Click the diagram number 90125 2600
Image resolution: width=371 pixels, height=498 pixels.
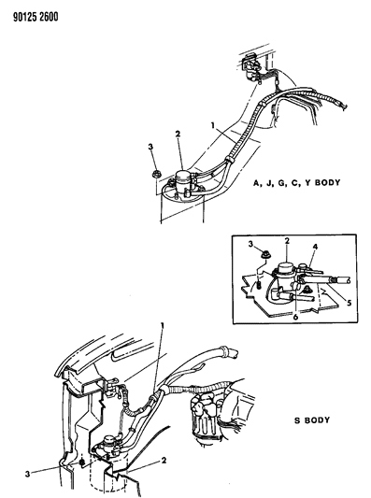tap(36, 17)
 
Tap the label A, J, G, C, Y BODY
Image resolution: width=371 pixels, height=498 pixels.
tap(296, 183)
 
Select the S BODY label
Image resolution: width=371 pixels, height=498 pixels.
tap(312, 420)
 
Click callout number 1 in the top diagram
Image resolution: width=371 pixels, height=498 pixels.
tap(213, 125)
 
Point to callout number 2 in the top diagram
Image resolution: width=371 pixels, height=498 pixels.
tap(178, 134)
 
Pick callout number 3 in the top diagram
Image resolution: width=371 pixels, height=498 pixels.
tap(150, 147)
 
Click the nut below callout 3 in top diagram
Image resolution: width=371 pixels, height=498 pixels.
tap(155, 174)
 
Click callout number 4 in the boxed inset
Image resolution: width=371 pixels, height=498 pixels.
tap(315, 247)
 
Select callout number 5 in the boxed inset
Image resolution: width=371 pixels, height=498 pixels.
tap(350, 303)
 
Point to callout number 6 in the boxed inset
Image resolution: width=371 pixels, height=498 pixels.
tap(295, 317)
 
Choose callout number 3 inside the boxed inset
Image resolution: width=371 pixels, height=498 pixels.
tap(251, 244)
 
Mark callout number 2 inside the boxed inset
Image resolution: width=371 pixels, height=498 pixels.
tap(287, 241)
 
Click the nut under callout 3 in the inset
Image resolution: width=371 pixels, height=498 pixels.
tap(264, 254)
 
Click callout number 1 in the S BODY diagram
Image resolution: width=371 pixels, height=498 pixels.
tap(163, 326)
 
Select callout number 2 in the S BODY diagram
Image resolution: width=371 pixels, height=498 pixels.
tap(164, 461)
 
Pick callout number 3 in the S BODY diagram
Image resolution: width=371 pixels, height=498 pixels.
tap(28, 474)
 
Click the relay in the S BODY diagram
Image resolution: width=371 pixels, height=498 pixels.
tap(109, 444)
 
